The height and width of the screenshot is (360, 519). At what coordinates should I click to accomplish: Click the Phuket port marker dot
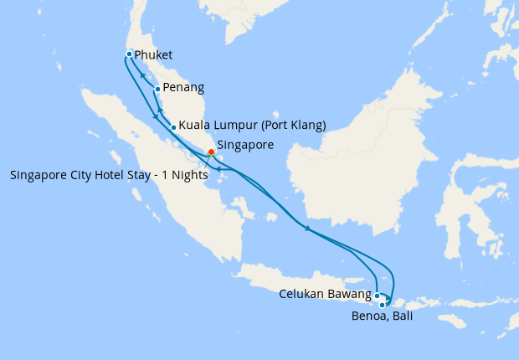coord(129,54)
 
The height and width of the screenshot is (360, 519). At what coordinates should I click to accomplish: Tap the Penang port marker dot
coord(157,88)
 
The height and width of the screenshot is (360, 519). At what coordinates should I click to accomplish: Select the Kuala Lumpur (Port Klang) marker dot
coord(173,127)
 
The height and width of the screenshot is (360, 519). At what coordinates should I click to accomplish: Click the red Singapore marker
coord(211,152)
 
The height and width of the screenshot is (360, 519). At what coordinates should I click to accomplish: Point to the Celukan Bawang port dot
coord(378,296)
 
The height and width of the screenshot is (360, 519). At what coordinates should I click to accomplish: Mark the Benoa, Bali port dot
coord(383,305)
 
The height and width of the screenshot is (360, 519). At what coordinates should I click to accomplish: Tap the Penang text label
coord(183,87)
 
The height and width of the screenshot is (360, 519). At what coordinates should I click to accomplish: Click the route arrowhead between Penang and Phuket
coord(142,74)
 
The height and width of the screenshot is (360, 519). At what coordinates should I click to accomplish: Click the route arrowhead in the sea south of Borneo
coord(307,229)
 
